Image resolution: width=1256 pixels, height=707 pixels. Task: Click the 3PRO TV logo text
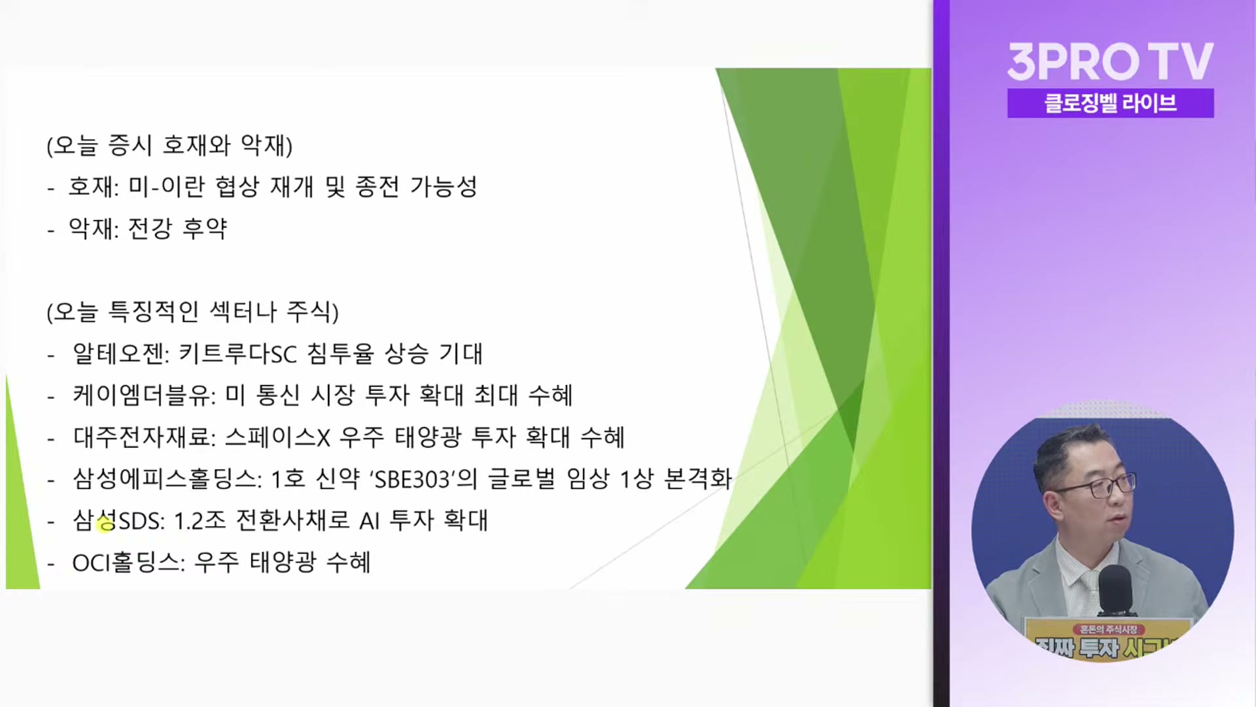point(1110,62)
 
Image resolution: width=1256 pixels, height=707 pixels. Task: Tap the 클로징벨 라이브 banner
point(1110,103)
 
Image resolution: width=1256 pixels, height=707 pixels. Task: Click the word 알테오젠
point(120,353)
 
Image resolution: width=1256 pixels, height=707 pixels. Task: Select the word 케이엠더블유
point(143,395)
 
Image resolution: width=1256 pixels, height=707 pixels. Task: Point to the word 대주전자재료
point(143,437)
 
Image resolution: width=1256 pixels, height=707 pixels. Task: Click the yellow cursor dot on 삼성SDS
point(105,523)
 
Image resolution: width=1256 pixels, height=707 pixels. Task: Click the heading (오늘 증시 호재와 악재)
point(169,145)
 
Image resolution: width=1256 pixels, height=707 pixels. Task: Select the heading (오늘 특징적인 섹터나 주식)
point(192,312)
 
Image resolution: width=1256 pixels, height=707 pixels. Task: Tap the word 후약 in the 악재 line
point(205,228)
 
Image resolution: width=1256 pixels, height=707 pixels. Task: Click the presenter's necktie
point(1090,586)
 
